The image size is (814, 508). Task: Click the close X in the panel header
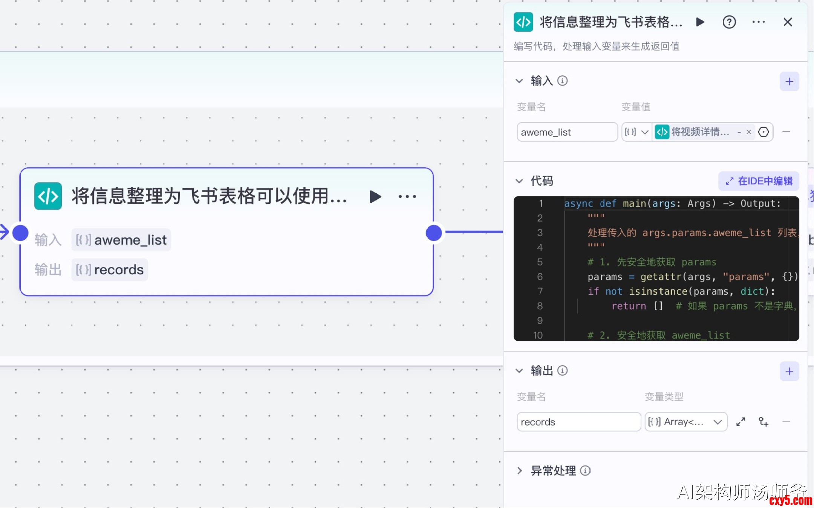coord(788,22)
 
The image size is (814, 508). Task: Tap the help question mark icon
coord(729,22)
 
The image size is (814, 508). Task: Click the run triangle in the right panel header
coord(700,22)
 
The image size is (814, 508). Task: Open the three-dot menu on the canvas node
coord(407,196)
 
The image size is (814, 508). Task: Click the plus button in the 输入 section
coord(789,81)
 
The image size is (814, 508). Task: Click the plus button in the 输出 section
coord(789,371)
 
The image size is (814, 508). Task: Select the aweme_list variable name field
coord(567,132)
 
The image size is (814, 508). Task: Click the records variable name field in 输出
coord(578,422)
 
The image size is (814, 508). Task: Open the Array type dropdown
coord(686,422)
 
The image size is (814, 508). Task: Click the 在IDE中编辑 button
coord(759,181)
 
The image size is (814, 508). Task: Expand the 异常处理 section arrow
coord(520,471)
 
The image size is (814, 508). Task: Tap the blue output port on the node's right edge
coord(434,233)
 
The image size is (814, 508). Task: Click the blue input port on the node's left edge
coord(20,233)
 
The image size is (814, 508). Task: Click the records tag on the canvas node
coord(110,270)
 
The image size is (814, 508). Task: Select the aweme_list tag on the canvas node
coord(121,240)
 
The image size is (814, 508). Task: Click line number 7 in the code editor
coord(540,291)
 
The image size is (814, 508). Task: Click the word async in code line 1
coord(578,204)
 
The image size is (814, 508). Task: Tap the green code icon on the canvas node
coord(48,196)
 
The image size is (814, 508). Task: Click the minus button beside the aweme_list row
coord(786,132)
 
